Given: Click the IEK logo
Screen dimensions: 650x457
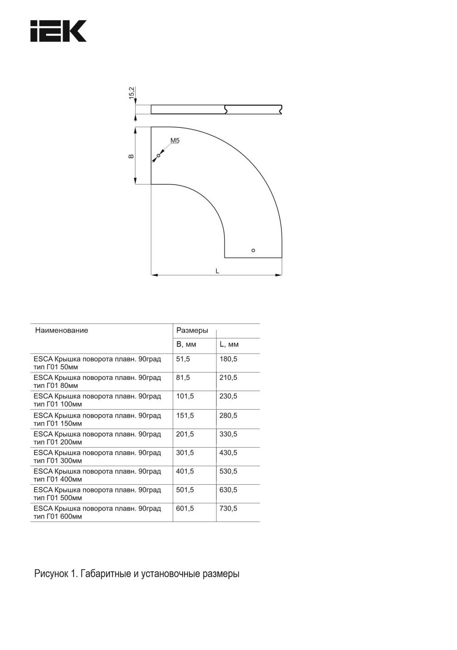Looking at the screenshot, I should click(59, 31).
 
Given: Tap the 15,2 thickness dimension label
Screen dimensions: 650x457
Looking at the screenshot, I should click(132, 93).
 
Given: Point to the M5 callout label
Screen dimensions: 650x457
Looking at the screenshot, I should click(175, 141).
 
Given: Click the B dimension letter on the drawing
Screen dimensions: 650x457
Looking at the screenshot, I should click(131, 156).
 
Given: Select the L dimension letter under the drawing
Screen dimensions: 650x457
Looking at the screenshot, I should click(217, 271).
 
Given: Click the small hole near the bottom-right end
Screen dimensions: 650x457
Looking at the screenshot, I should click(253, 250).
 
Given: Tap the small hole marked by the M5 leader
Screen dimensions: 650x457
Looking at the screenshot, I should click(159, 156).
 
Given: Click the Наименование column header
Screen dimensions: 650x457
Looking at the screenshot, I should click(61, 330).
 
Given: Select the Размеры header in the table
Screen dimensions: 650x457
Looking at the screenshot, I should click(192, 330).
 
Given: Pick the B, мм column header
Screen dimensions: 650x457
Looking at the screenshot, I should click(186, 345).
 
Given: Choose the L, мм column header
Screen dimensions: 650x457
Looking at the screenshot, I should click(229, 345).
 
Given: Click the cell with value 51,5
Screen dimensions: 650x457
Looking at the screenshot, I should click(183, 359).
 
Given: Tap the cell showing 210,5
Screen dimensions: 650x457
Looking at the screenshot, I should click(228, 377).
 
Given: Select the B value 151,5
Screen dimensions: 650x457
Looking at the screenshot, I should click(185, 415).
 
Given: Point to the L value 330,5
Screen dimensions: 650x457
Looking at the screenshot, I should click(228, 434).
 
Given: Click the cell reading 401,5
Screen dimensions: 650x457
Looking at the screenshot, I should click(185, 471).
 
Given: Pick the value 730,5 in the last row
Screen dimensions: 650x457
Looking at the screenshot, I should click(228, 508).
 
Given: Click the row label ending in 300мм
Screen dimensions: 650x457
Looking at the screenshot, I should click(97, 456).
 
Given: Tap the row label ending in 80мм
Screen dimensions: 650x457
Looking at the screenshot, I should click(97, 381).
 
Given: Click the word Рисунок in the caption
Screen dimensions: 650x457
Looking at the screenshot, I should click(51, 574).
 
